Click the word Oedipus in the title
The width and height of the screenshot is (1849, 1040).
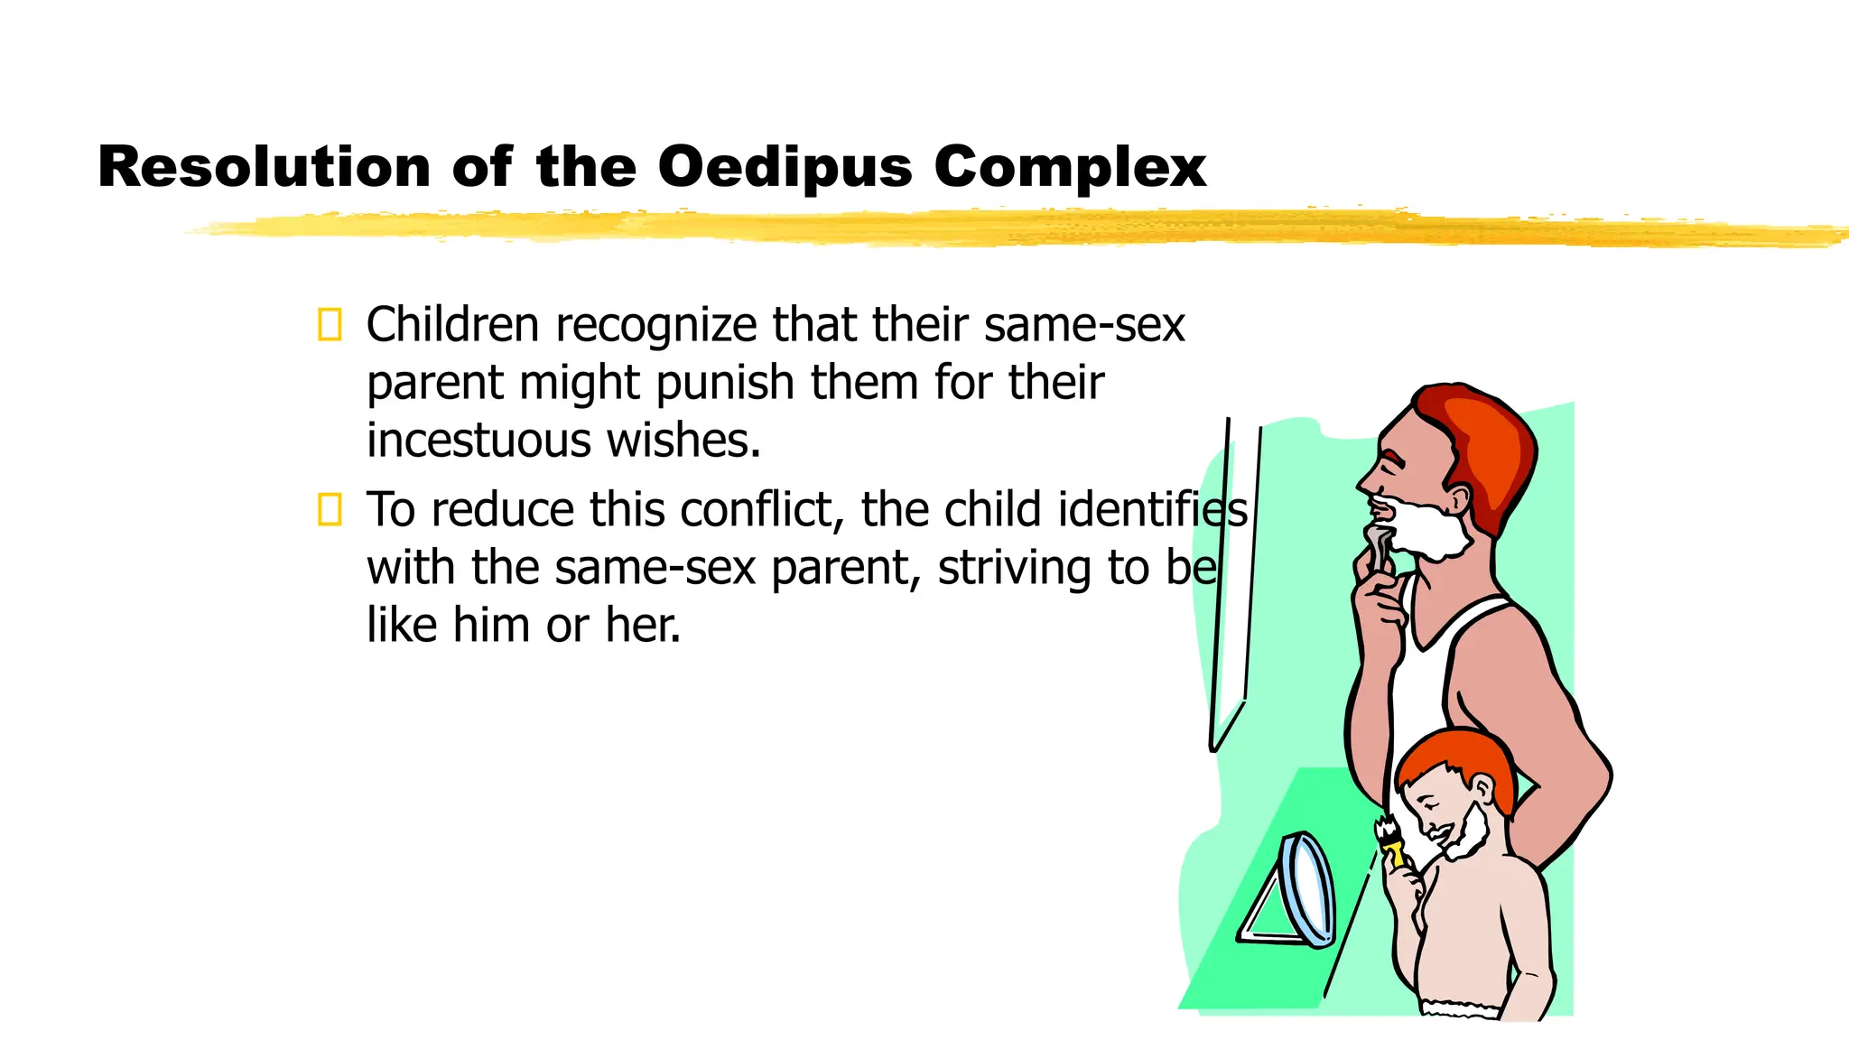point(785,168)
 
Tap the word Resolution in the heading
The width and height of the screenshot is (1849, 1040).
point(264,168)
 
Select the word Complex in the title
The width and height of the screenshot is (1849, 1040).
point(1070,168)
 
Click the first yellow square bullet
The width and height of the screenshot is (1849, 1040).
point(330,325)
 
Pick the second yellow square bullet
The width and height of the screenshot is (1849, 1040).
point(330,510)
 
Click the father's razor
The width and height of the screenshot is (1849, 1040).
point(1377,547)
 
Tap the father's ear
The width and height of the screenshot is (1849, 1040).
point(1458,499)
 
